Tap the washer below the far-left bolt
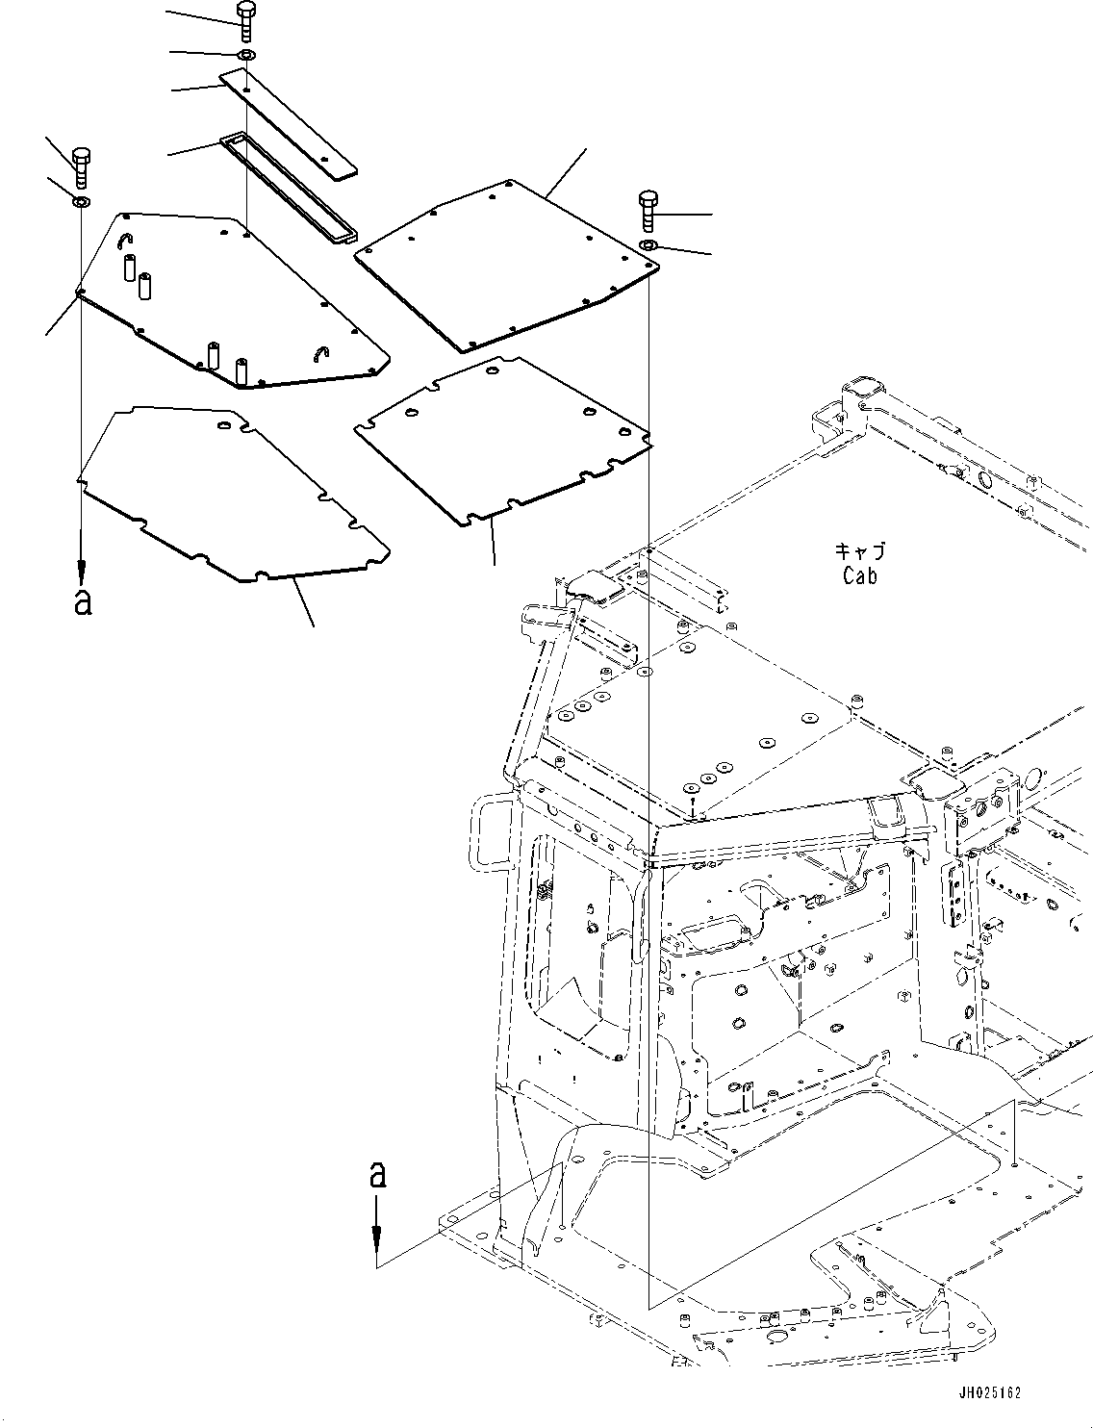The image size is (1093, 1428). click(x=81, y=202)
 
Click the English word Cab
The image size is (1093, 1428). click(x=859, y=576)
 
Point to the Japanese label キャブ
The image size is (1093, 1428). click(x=859, y=552)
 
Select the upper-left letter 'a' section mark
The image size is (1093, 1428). click(x=83, y=601)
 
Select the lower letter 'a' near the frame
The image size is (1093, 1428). click(x=378, y=1174)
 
